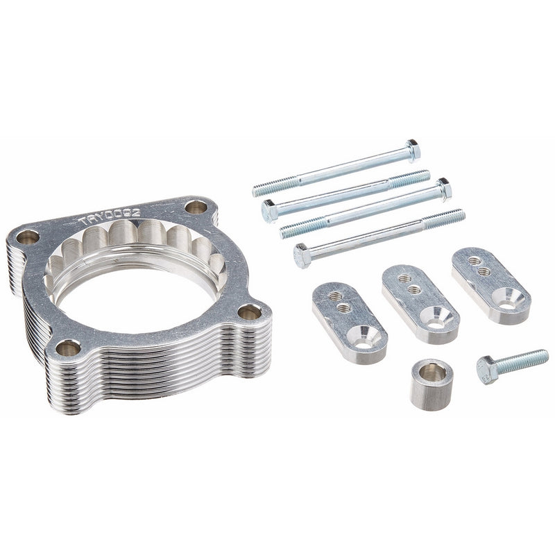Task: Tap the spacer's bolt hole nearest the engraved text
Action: point(196,207)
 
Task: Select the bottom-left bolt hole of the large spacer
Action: point(68,348)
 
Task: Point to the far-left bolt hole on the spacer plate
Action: point(28,237)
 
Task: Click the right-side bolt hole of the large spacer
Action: point(250,312)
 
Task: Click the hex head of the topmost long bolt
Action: point(413,149)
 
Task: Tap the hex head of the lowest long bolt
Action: point(302,256)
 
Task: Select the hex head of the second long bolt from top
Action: point(269,210)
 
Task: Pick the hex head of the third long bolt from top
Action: point(443,188)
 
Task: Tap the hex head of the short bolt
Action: point(488,370)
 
